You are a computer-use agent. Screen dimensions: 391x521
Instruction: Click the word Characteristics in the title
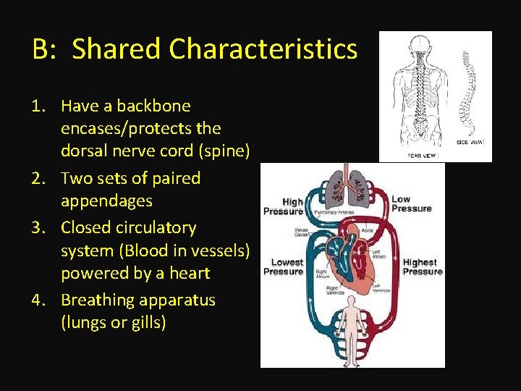263,49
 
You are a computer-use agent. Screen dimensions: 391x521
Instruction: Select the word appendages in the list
106,201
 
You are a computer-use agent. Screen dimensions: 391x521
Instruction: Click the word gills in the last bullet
149,322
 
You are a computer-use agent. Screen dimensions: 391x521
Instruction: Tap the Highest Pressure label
420,266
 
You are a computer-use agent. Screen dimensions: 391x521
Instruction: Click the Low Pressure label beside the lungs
411,203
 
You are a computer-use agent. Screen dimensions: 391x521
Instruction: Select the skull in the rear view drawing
420,43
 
